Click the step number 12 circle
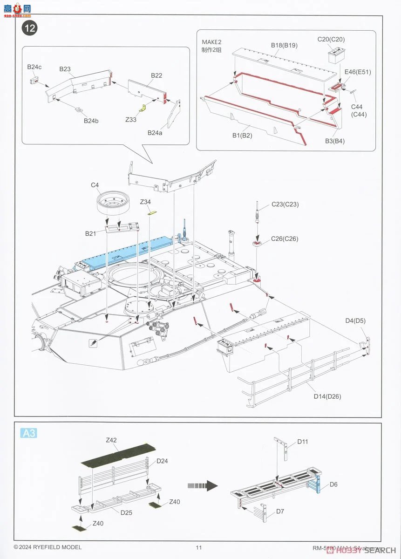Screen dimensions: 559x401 [x=29, y=28]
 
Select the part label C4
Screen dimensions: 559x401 [x=95, y=185]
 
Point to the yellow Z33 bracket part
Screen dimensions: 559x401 [x=143, y=108]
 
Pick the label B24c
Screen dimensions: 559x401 [x=34, y=67]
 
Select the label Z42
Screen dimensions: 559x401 [x=111, y=440]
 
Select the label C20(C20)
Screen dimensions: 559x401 [x=331, y=40]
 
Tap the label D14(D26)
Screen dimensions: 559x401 [x=327, y=396]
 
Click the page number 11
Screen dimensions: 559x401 [x=199, y=547]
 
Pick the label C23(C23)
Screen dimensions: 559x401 [x=285, y=205]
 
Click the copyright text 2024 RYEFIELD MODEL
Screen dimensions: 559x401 [x=48, y=547]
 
